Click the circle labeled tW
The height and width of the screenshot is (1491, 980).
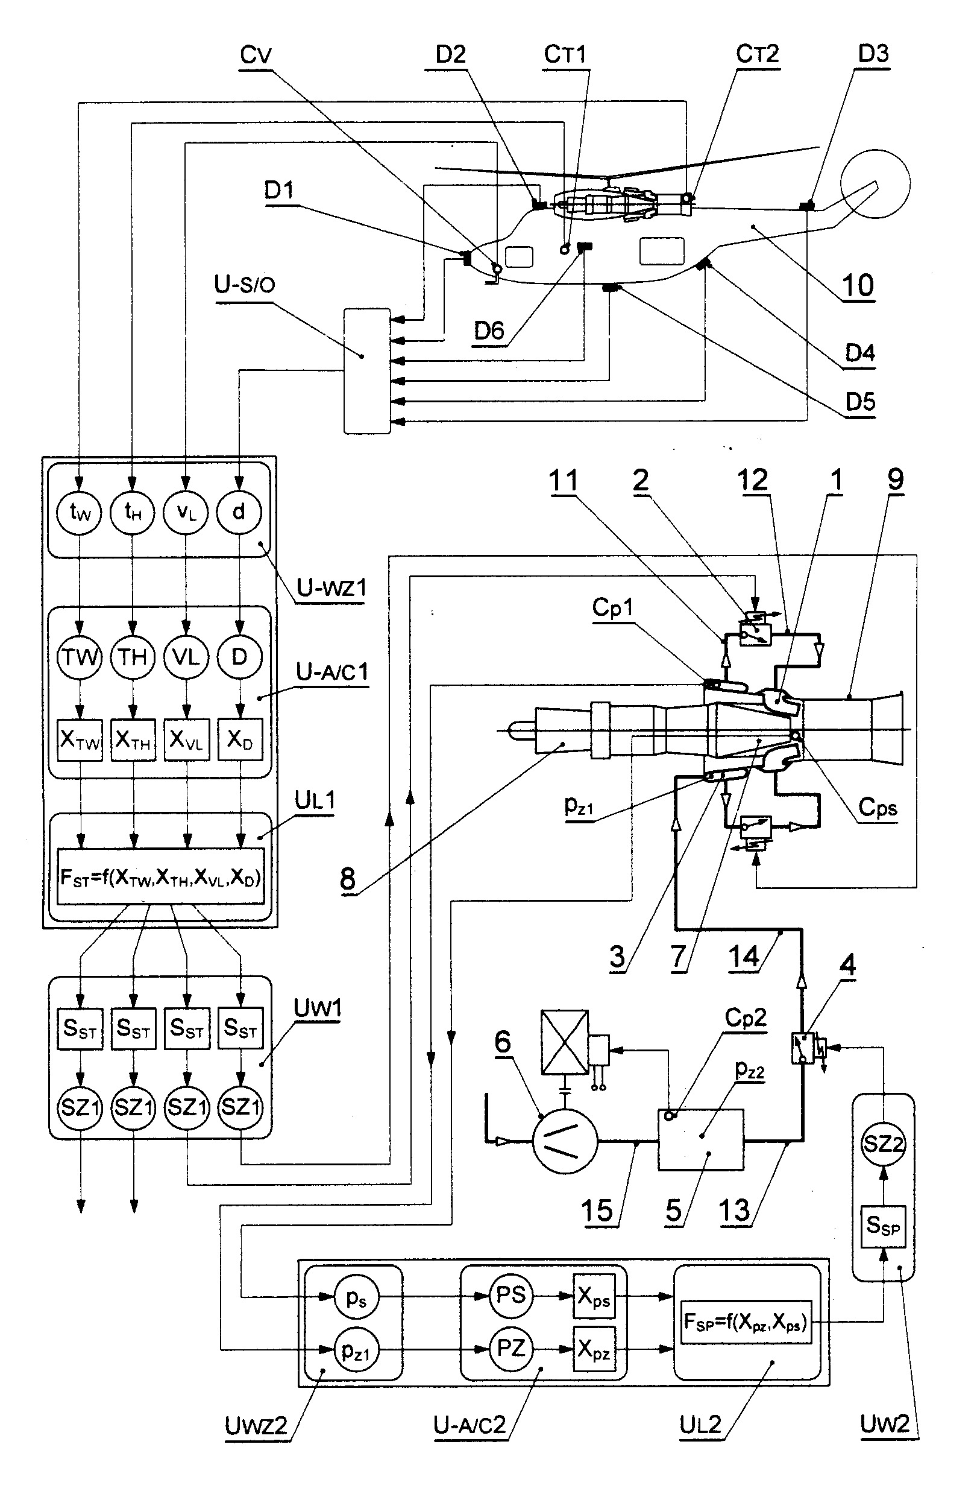tap(79, 513)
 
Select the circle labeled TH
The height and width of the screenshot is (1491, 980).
tap(132, 657)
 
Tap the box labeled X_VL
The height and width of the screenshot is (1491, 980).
tap(186, 739)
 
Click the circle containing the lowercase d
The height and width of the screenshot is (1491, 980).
tap(239, 513)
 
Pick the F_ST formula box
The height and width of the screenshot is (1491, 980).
tap(161, 876)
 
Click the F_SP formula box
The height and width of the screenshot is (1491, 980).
tap(745, 1322)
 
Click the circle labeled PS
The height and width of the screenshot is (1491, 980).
tap(510, 1296)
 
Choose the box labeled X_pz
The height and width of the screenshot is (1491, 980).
tap(594, 1349)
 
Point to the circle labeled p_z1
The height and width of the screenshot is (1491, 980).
tap(356, 1350)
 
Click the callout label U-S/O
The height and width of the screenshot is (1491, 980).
tap(244, 285)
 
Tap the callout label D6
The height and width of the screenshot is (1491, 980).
tap(489, 331)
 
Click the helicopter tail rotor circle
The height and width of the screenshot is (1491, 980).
tap(875, 183)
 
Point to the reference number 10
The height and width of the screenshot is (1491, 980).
tap(858, 286)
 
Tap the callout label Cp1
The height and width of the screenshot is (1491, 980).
tap(612, 607)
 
